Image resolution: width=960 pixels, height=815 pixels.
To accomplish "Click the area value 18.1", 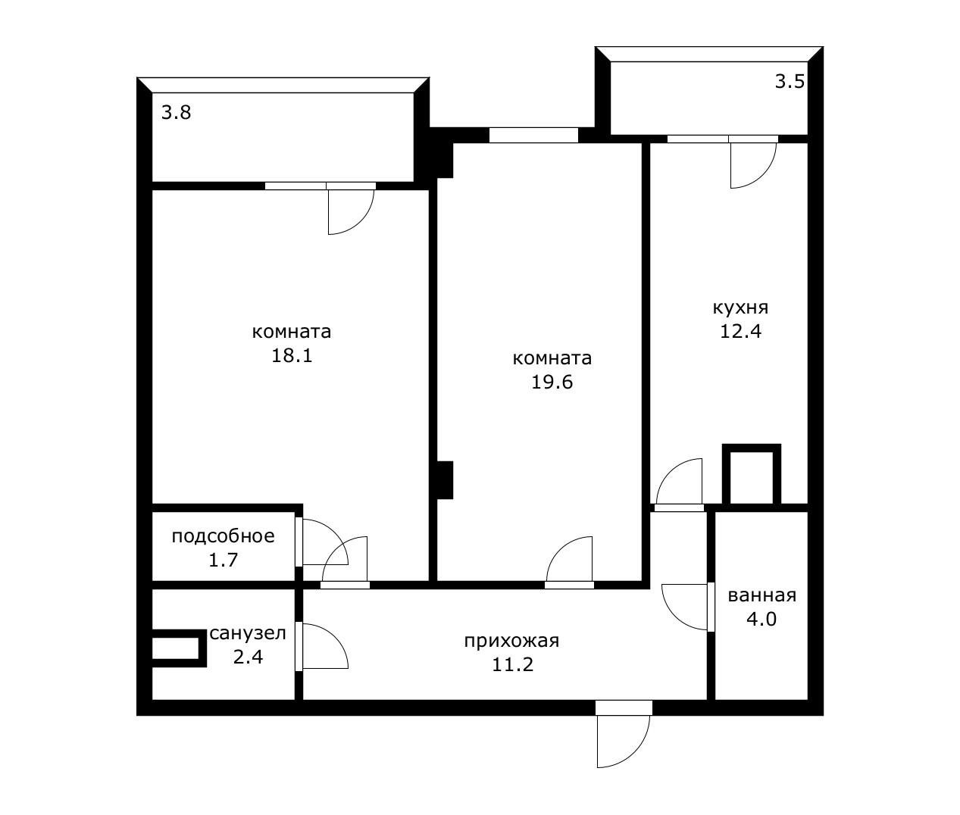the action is click(292, 356).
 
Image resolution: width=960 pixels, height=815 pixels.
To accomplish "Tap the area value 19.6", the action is click(552, 383).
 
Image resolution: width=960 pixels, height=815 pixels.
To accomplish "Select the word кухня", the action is click(740, 308).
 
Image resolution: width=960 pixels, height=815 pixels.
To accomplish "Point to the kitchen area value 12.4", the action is click(740, 332).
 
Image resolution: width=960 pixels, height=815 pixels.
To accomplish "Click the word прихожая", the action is click(511, 642).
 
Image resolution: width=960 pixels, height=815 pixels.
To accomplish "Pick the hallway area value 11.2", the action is click(512, 665).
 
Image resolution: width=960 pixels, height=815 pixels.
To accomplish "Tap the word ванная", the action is click(761, 596).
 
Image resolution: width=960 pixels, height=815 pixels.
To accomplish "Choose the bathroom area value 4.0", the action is click(761, 620).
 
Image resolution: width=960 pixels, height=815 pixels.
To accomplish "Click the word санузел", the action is click(248, 634).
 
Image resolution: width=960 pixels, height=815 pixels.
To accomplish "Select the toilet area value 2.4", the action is click(248, 657).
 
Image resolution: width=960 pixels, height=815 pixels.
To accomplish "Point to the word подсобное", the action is click(223, 536).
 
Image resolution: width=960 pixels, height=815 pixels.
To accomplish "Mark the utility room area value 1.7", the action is click(223, 561).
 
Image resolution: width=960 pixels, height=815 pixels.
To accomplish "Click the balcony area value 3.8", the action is click(176, 113).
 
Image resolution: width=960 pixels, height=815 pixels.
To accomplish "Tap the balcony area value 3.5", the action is click(790, 82).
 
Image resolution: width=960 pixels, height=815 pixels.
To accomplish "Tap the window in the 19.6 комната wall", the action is click(533, 135).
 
